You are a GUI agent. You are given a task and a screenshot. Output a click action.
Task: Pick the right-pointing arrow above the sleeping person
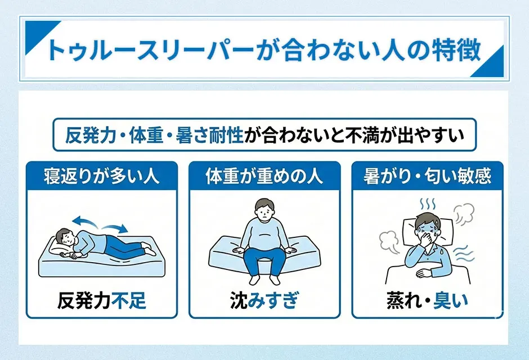115,226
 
